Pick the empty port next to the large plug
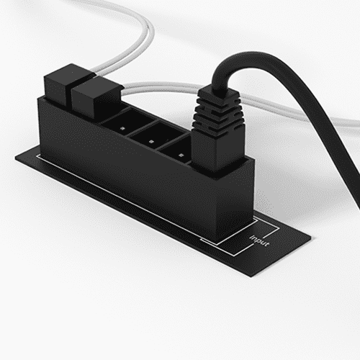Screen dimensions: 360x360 click(176, 149)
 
